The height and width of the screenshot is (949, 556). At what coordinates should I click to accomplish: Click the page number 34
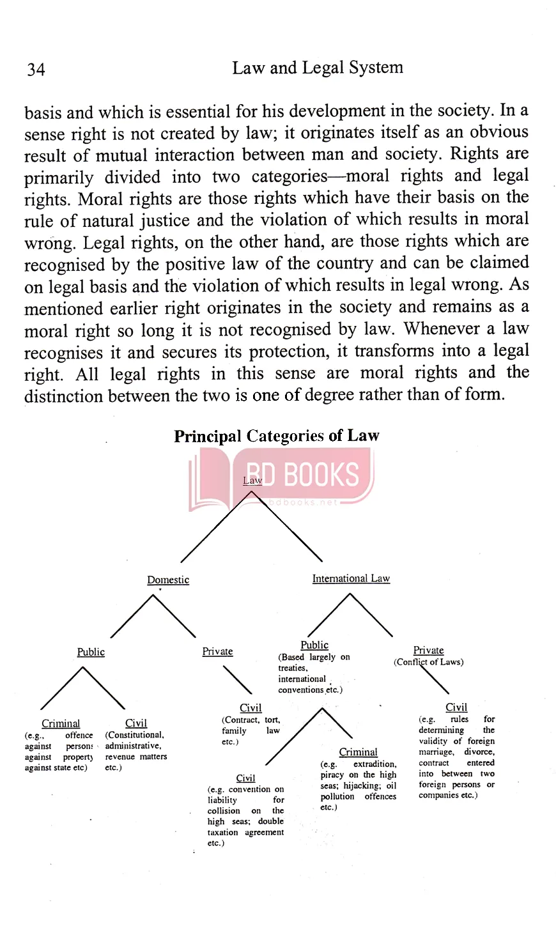[x=36, y=70]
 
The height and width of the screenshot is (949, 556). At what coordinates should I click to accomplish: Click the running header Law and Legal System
[x=317, y=68]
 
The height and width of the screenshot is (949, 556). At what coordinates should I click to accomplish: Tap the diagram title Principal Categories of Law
[x=276, y=436]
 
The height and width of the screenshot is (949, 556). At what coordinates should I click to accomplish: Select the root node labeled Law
[x=252, y=481]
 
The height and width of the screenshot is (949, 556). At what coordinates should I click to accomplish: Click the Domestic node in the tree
[x=168, y=580]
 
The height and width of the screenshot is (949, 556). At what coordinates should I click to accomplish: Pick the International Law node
[x=351, y=578]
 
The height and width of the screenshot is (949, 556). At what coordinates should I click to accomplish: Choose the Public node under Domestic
[x=91, y=652]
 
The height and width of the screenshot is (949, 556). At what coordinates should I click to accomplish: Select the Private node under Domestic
[x=217, y=651]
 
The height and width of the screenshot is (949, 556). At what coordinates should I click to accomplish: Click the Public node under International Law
[x=314, y=645]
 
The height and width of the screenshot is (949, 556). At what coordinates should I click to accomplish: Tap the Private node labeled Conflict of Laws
[x=428, y=651]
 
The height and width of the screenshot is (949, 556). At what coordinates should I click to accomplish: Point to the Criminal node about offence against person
[x=61, y=723]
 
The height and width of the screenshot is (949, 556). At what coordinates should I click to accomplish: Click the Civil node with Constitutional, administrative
[x=136, y=723]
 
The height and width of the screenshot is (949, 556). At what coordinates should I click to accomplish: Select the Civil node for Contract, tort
[x=251, y=707]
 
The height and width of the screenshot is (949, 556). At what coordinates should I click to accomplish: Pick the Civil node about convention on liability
[x=245, y=778]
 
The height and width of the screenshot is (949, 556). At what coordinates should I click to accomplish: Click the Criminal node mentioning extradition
[x=358, y=752]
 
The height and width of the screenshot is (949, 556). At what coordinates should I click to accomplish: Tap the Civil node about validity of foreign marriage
[x=456, y=707]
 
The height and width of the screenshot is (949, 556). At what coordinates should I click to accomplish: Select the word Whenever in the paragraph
[x=441, y=329]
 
